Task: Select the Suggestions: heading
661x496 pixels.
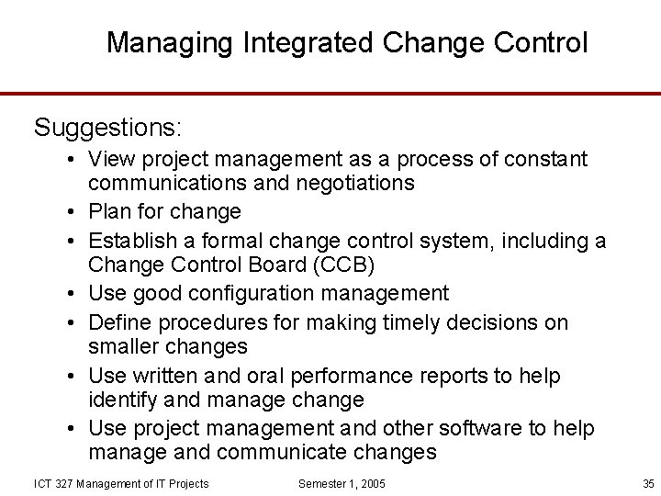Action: tap(108, 127)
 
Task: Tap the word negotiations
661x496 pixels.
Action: tap(355, 183)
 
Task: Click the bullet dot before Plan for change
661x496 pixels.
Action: tap(70, 212)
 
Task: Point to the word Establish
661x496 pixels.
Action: tap(131, 241)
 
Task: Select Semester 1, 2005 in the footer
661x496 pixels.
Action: tap(342, 483)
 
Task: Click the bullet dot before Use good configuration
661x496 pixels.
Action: tap(70, 294)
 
